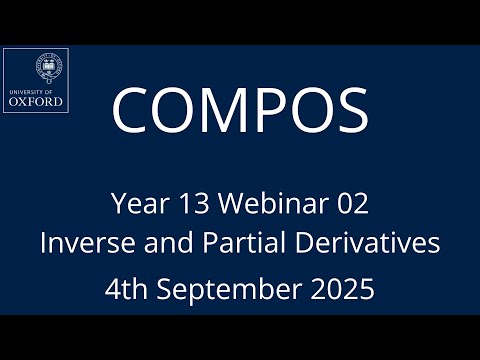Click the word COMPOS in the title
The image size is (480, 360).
[240, 110]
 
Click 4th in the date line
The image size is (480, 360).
[127, 290]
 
